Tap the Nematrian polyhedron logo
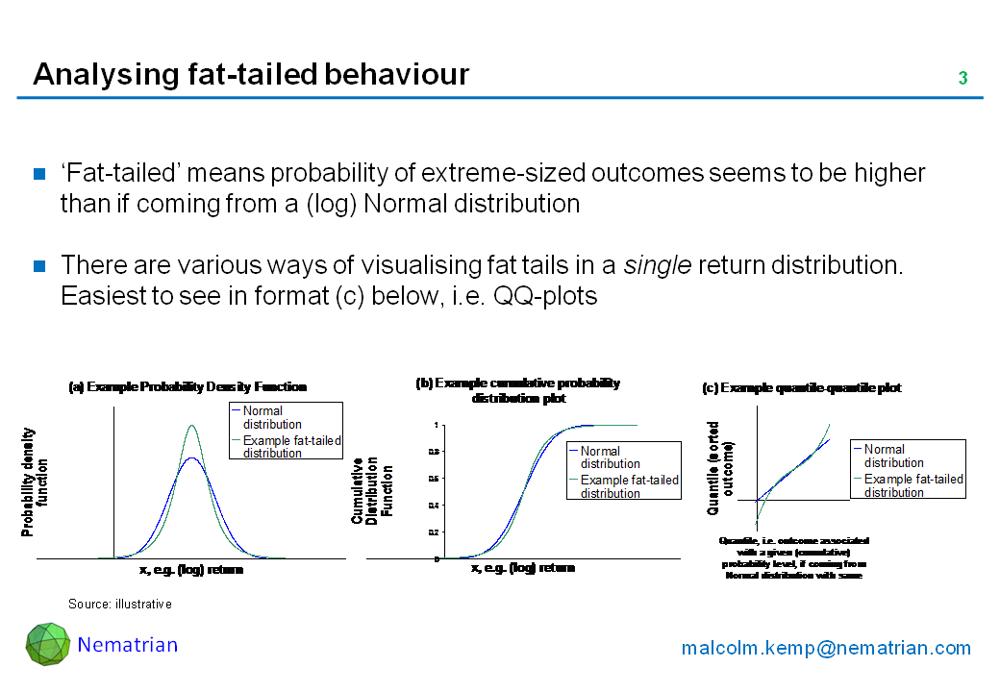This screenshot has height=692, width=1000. [x=47, y=644]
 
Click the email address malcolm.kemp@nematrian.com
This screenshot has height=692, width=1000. [x=826, y=648]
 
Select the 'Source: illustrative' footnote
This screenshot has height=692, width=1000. [x=119, y=605]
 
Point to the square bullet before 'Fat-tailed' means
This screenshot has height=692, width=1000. [x=40, y=174]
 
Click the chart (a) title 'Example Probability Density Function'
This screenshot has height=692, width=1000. [x=187, y=387]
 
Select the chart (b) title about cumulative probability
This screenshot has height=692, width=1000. [x=518, y=390]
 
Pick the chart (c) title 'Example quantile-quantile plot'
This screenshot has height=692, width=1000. [x=802, y=388]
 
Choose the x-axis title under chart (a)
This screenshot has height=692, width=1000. [x=191, y=570]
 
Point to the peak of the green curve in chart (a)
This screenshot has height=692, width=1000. [x=192, y=426]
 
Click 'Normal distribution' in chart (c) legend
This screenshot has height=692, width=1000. [x=893, y=456]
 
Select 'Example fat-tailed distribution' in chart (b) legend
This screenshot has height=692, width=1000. [x=629, y=486]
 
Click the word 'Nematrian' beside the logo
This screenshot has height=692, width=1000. [x=128, y=645]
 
